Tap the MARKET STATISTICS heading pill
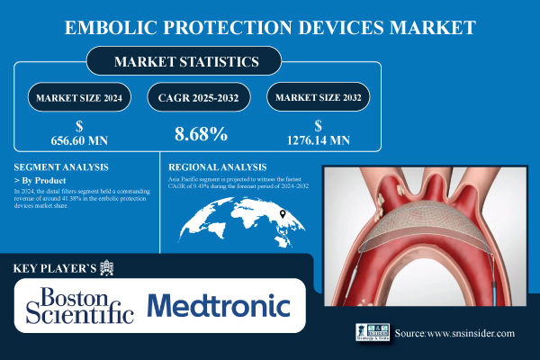pos(184,63)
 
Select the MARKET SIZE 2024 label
pos(79,96)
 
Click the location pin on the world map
pos(282,214)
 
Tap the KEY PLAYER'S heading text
pos(56,268)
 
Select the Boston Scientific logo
pos(80,306)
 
